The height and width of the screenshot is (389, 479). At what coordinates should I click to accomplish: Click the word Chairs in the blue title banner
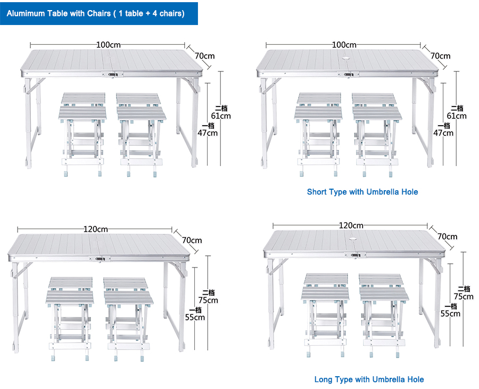pyautogui.click(x=96, y=13)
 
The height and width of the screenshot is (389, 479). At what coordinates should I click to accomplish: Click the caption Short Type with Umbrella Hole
pyautogui.click(x=362, y=192)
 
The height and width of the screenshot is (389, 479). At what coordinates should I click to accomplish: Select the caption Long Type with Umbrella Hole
pyautogui.click(x=369, y=379)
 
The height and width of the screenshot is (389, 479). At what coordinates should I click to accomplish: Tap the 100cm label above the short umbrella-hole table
pyautogui.click(x=344, y=45)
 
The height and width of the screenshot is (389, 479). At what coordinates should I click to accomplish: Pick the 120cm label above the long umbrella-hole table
pyautogui.click(x=351, y=226)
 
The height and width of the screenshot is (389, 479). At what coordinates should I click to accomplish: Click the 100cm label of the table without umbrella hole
pyautogui.click(x=108, y=45)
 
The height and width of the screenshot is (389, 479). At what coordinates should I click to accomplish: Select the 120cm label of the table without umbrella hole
pyautogui.click(x=95, y=229)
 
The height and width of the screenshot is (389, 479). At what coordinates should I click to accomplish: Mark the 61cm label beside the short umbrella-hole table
pyautogui.click(x=457, y=116)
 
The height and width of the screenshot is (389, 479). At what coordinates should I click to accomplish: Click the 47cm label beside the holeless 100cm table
pyautogui.click(x=208, y=133)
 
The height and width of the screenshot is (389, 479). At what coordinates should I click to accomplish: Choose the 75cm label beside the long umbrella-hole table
pyautogui.click(x=463, y=296)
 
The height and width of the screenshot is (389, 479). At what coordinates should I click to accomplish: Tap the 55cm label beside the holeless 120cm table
pyautogui.click(x=195, y=317)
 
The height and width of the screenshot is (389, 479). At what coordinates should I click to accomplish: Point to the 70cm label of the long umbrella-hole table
pyautogui.click(x=448, y=237)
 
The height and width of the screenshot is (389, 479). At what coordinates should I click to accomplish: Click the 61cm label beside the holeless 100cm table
pyautogui.click(x=220, y=116)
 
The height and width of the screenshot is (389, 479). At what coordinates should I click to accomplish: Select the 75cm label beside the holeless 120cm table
pyautogui.click(x=208, y=300)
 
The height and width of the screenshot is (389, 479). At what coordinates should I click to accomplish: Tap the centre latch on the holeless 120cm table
pyautogui.click(x=100, y=260)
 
